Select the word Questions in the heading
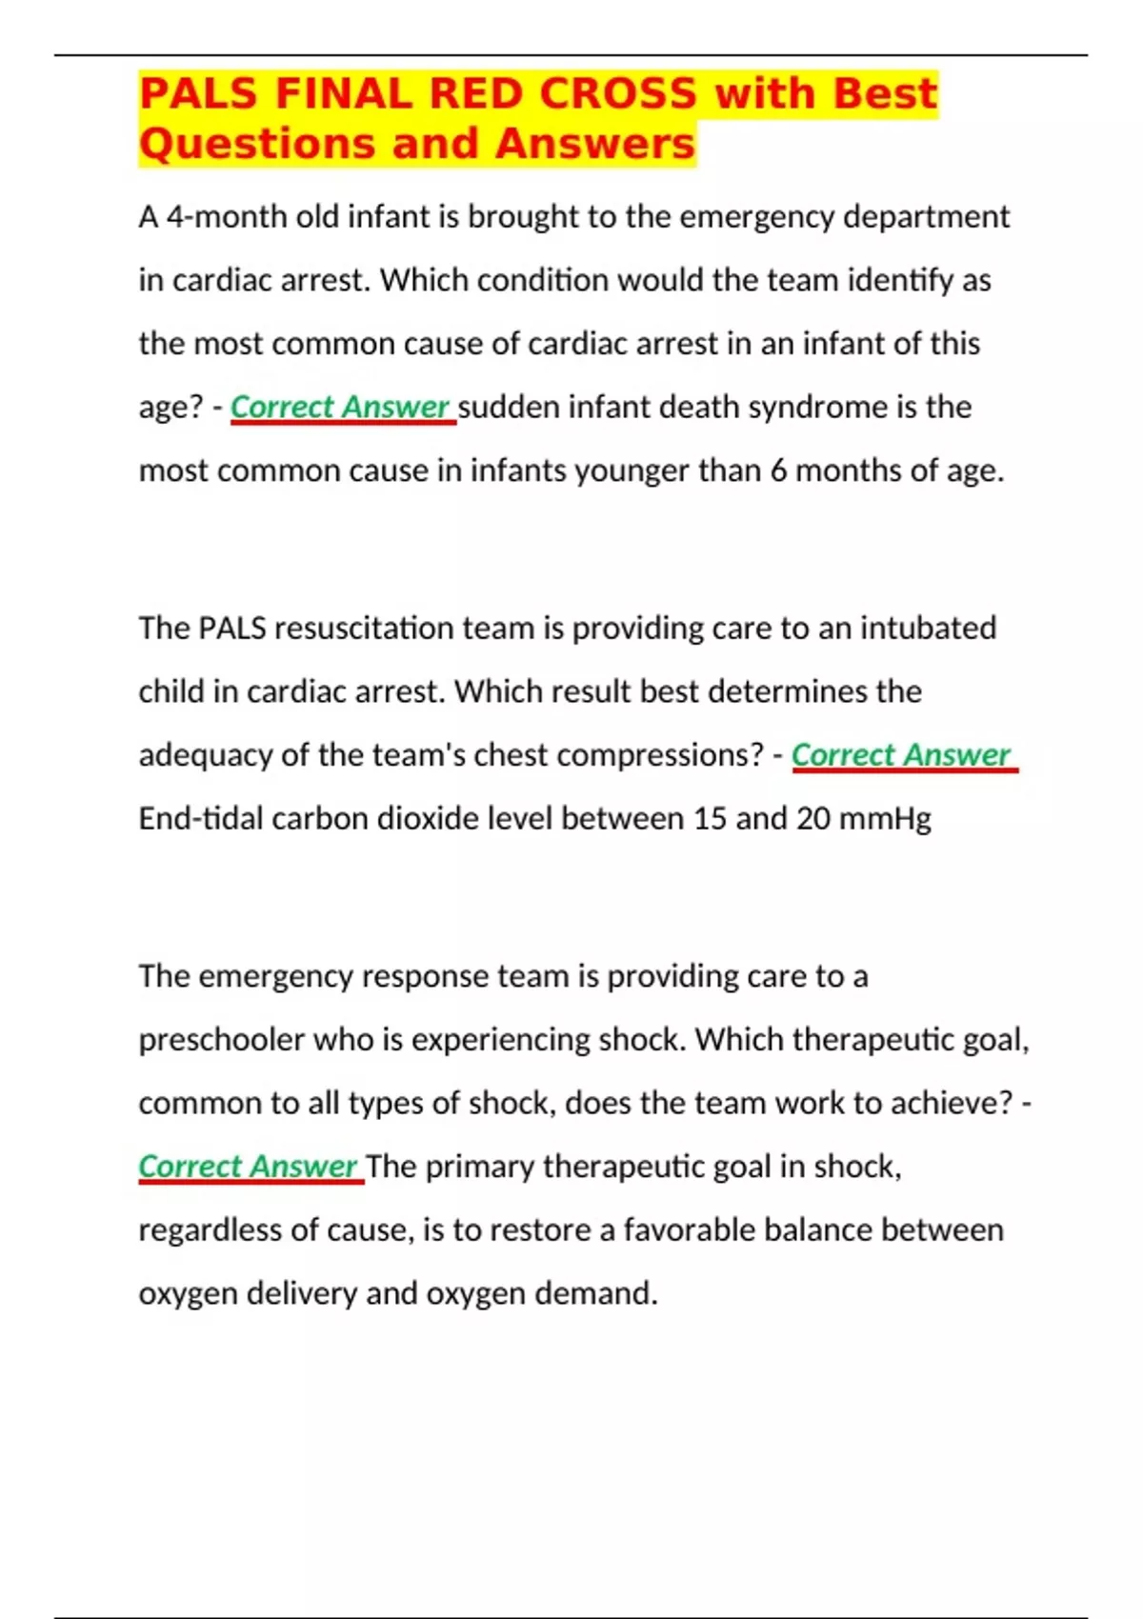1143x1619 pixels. (256, 145)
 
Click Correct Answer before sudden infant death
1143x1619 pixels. (340, 408)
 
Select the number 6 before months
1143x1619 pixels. (778, 470)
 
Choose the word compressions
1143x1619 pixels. (659, 755)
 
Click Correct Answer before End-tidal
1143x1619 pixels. (901, 755)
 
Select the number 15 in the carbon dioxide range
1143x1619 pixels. (710, 819)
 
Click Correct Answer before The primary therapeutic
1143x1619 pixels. (248, 1167)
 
